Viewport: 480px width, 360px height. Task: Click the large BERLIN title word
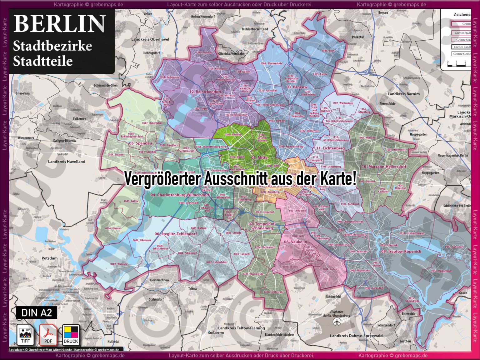tap(59, 24)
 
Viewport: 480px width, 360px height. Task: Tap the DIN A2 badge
tap(37, 312)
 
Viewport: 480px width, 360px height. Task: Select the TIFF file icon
tap(25, 335)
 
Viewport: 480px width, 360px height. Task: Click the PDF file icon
tap(48, 335)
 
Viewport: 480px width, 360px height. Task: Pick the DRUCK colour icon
tap(71, 335)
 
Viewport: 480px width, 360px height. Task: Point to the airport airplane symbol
tap(337, 322)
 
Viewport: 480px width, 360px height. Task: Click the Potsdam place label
tap(50, 258)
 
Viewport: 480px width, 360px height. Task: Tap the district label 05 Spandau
tap(140, 143)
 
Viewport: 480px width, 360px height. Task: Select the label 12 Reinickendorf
tap(205, 92)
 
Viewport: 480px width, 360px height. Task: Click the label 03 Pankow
tap(297, 87)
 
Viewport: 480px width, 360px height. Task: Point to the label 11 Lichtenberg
tap(330, 148)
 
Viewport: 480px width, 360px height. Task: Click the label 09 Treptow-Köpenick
tap(401, 251)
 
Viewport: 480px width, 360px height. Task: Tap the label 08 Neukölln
tap(295, 242)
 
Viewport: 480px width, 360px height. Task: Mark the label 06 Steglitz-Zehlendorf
tap(176, 234)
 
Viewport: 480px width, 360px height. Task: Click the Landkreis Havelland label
tap(67, 162)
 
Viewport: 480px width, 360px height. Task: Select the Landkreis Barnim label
tap(404, 94)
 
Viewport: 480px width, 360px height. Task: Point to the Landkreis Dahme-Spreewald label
tap(356, 336)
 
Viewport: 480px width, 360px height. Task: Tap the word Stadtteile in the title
tap(43, 61)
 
